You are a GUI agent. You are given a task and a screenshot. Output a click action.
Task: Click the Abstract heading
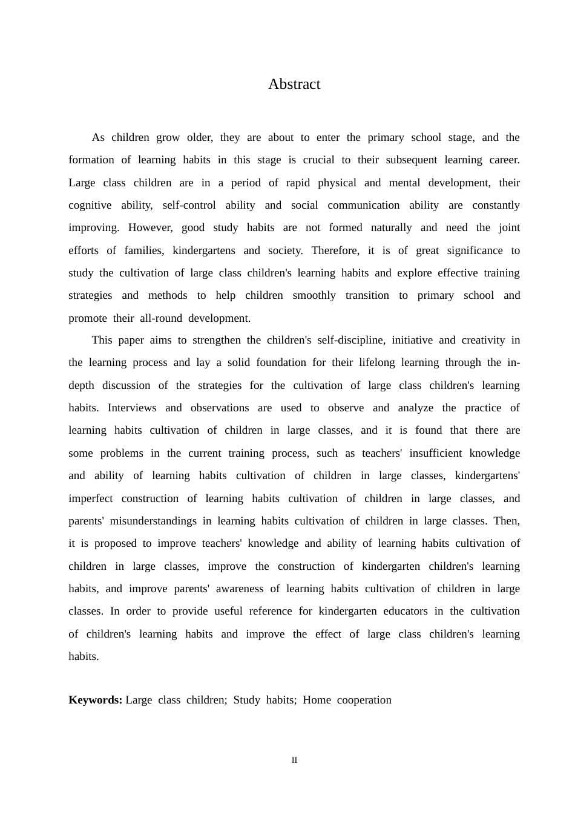[x=294, y=84]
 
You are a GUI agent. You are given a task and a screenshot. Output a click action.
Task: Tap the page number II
[x=294, y=760]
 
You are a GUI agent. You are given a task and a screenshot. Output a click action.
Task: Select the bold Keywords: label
[x=95, y=700]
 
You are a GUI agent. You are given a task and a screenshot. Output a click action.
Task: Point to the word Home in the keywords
[x=317, y=700]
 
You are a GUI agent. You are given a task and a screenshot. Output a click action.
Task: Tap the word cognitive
[x=90, y=205]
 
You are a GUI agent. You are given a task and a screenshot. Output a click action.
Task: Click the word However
[x=150, y=227]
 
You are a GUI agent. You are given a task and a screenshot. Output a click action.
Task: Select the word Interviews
[x=132, y=408]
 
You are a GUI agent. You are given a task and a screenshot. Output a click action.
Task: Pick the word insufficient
[x=434, y=453]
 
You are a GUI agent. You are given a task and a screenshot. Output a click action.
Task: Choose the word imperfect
[x=90, y=498]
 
